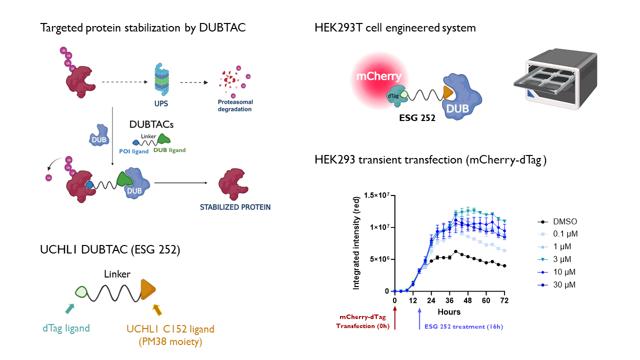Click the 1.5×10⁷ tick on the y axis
(376, 195)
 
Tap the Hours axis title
(449, 312)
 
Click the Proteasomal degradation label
(234, 105)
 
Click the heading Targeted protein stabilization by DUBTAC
(142, 28)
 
